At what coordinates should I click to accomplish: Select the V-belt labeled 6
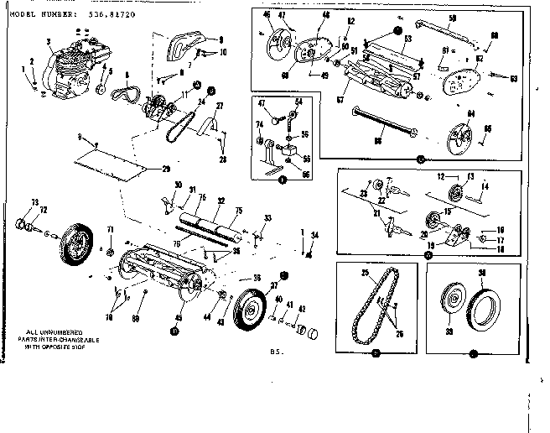point(132,90)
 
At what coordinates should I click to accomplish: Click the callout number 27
point(221,105)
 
